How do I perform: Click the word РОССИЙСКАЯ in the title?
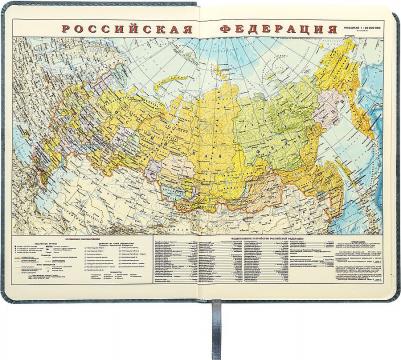click(119, 29)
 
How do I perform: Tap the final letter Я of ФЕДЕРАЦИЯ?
click(329, 29)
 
